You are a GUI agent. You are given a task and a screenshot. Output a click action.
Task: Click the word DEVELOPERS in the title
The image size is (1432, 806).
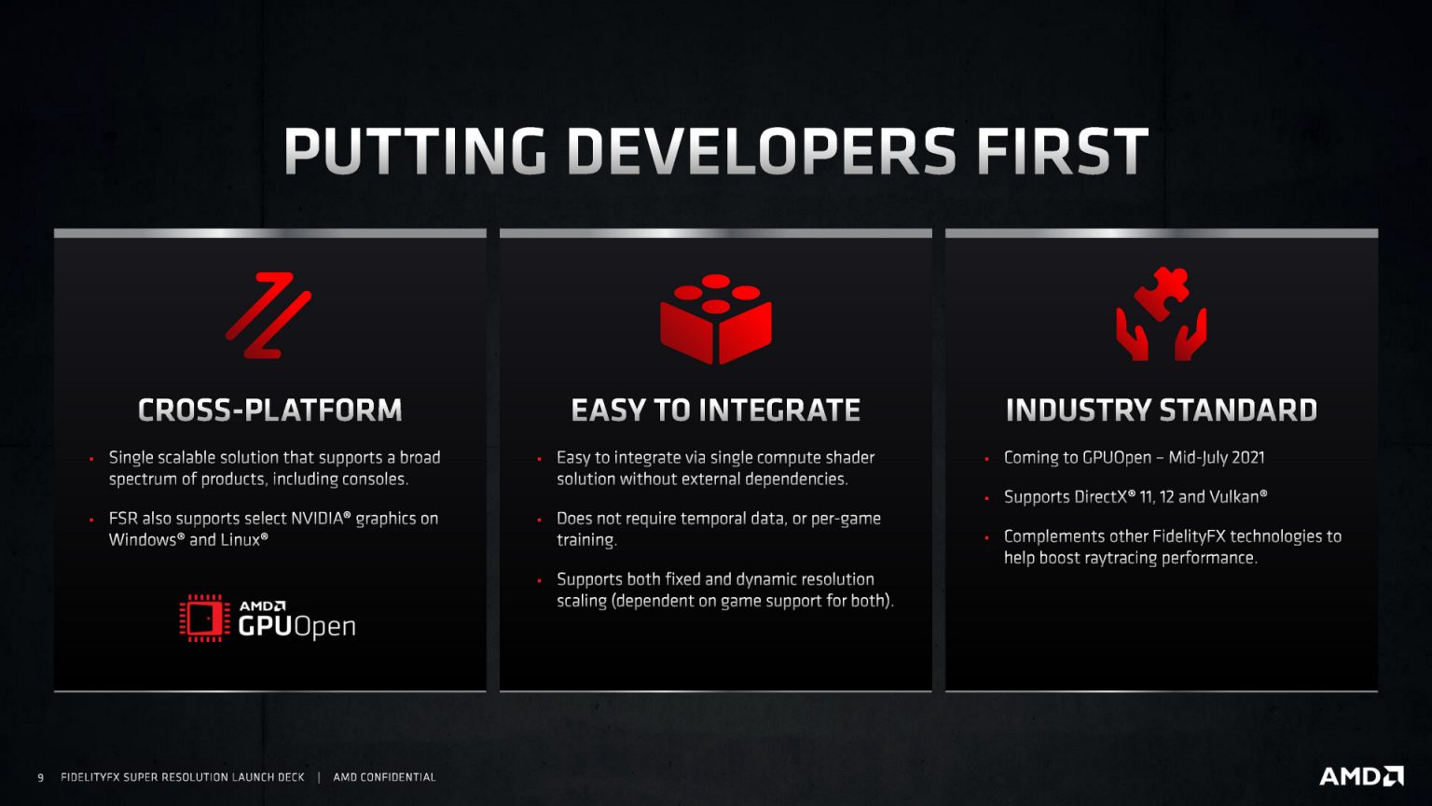pos(761,151)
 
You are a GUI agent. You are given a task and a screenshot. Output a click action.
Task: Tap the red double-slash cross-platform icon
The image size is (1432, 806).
pos(268,315)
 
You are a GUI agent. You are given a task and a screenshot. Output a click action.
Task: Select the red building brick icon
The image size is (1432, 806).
pos(716,318)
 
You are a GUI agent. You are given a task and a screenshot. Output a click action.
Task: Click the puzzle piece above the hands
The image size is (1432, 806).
pos(1162,291)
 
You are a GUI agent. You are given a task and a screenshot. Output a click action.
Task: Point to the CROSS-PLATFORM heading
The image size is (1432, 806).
pos(269,410)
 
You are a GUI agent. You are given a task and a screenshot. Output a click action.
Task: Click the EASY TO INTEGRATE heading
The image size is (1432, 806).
pos(715,410)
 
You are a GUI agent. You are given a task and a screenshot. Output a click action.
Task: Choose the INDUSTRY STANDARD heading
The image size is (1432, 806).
pos(1161,410)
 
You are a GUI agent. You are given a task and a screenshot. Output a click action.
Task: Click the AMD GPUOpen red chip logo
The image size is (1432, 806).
pos(204,618)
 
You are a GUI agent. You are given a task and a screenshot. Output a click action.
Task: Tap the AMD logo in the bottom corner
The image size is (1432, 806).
pos(1361,776)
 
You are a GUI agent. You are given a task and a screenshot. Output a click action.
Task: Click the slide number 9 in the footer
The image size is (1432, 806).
pos(40,777)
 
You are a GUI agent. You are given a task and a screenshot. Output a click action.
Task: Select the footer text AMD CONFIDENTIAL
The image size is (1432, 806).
pos(384,777)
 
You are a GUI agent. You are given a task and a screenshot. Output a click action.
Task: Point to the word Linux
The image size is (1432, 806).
pos(241,540)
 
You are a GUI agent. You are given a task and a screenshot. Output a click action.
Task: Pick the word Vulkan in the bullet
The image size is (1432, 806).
pos(1235,497)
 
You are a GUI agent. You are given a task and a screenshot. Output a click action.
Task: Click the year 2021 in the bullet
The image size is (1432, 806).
pos(1247,458)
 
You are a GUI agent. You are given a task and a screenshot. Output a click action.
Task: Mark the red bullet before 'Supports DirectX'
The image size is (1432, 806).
pos(986,498)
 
